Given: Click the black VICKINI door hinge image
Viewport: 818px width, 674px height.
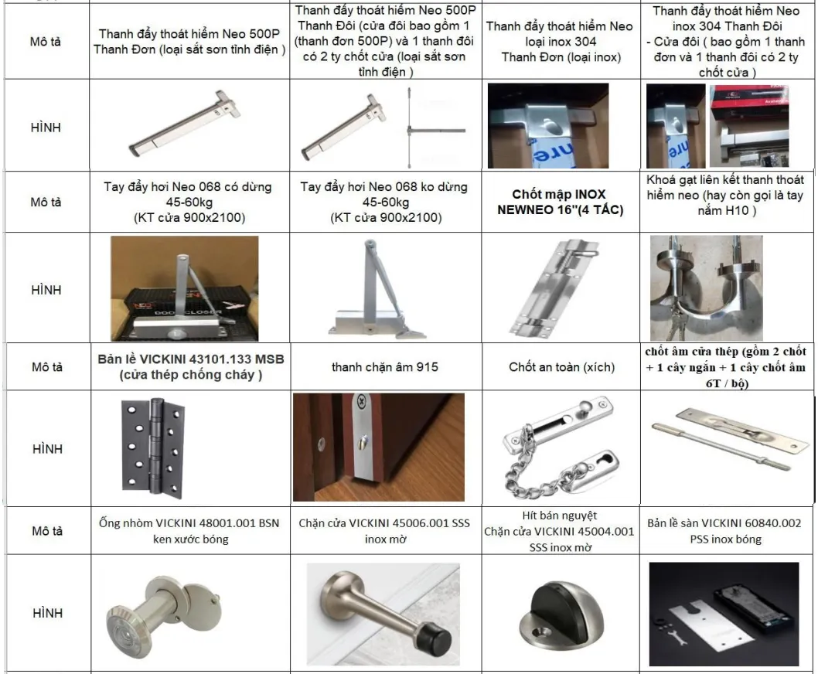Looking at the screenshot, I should [152, 447].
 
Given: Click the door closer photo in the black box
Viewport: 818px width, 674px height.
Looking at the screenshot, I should [184, 288].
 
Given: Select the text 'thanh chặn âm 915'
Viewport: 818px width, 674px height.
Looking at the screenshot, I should [384, 366].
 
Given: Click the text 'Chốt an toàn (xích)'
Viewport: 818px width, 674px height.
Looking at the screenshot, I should [561, 366].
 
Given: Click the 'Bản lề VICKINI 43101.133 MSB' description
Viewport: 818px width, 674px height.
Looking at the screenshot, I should [190, 367].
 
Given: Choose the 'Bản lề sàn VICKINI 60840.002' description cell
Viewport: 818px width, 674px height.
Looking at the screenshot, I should [724, 531].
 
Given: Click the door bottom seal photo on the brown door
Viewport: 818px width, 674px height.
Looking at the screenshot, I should [378, 447].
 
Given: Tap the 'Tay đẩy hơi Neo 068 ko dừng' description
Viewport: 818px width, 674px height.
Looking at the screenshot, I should [383, 202].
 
